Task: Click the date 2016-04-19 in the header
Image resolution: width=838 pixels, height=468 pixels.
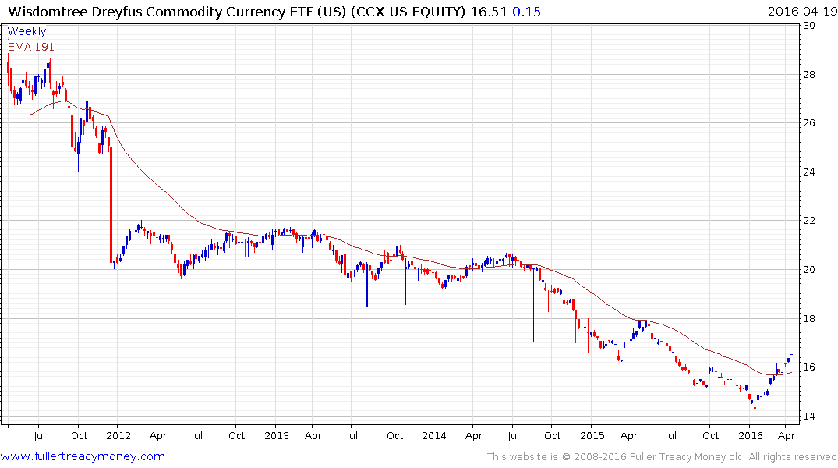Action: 801,12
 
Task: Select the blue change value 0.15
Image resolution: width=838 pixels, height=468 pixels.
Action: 528,12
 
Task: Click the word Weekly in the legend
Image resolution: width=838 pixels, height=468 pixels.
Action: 27,31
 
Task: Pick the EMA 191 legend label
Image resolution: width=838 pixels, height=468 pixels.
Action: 31,47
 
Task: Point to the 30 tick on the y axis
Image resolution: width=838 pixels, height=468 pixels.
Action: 810,26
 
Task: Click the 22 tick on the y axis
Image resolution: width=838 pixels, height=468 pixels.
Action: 810,221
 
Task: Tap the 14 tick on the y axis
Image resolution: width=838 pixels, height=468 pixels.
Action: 810,416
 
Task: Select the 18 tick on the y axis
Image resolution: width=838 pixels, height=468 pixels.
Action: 810,318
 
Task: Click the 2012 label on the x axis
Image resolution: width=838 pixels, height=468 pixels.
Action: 118,435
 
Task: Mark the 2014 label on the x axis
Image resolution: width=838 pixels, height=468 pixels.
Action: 434,435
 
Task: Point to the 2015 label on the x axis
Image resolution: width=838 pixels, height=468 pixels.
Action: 592,435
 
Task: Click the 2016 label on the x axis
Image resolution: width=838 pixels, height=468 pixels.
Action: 751,435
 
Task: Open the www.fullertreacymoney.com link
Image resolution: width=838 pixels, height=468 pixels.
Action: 83,456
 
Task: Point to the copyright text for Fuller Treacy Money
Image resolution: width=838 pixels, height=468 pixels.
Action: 662,457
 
